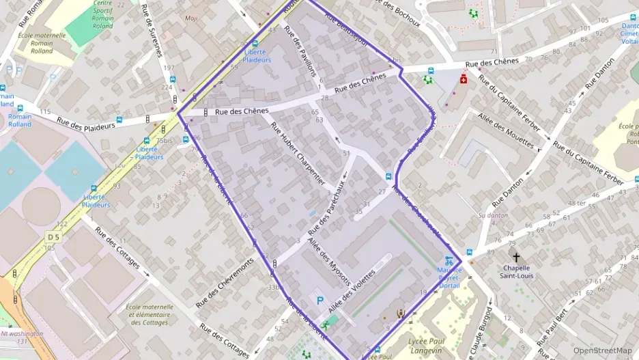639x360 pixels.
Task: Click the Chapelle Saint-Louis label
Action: [516, 271]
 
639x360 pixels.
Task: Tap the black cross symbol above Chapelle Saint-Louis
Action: [515, 258]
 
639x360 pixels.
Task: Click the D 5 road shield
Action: [53, 236]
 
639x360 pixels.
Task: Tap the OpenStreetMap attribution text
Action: [602, 350]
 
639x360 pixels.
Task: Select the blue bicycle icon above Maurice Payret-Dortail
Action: [449, 260]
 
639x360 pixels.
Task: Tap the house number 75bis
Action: [164, 140]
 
